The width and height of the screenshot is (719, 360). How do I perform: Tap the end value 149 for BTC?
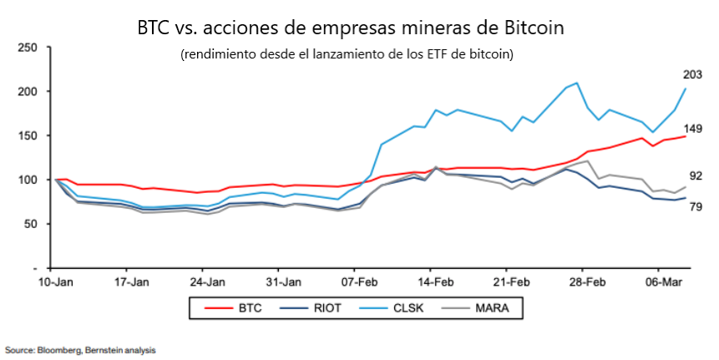[x=692, y=129]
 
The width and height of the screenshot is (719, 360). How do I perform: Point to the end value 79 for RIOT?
[x=695, y=206]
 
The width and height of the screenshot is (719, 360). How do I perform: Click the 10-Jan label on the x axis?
[x=54, y=282]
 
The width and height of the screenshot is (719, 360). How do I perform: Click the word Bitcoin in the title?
[x=534, y=28]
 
